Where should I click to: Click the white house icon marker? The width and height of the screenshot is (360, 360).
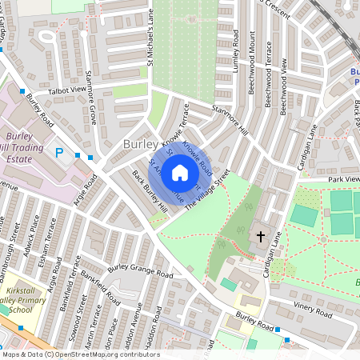click(180, 173)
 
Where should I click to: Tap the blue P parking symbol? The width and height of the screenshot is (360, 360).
click(59, 152)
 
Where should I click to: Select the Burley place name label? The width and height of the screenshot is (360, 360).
click(141, 144)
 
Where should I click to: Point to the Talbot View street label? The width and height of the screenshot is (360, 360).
click(66, 91)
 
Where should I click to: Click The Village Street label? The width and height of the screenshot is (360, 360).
click(207, 190)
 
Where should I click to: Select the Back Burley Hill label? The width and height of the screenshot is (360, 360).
click(150, 192)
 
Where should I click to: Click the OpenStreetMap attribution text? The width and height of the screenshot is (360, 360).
click(80, 354)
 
